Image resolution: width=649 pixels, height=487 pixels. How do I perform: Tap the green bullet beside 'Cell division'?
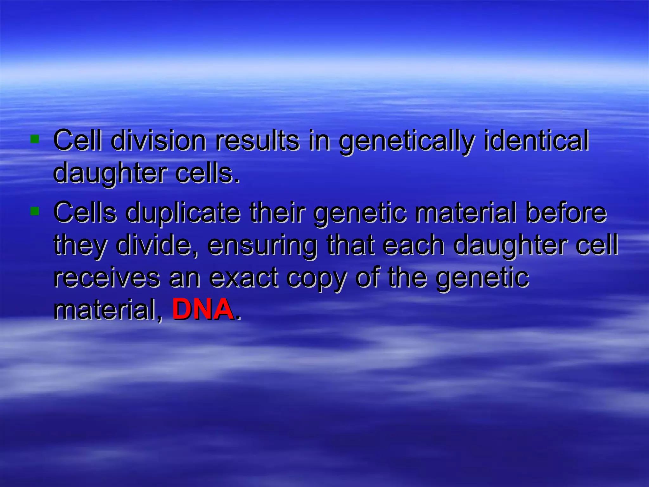[35, 139]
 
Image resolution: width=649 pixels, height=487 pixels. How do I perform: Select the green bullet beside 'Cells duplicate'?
[35, 211]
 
